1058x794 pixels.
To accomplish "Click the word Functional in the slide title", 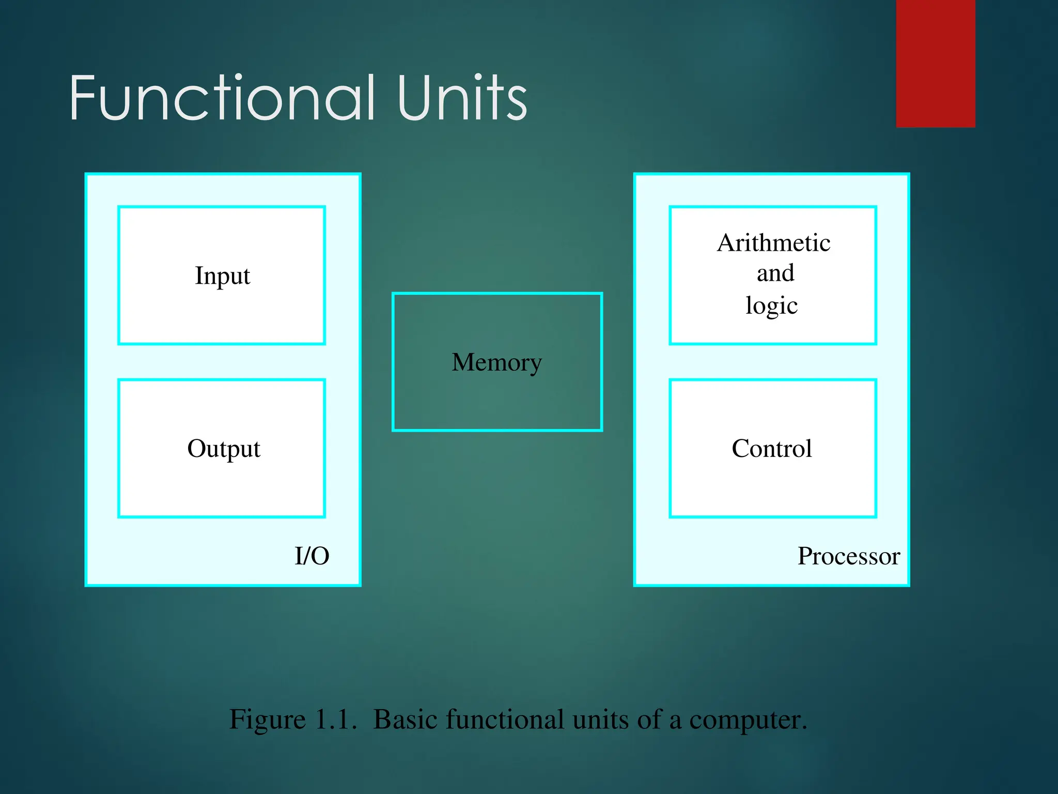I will point(222,98).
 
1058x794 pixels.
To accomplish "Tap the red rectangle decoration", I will point(936,63).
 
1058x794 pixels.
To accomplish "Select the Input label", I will point(222,276).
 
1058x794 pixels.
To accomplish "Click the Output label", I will point(224,449).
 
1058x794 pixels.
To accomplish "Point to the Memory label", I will point(497,362).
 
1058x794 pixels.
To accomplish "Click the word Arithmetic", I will point(773,243).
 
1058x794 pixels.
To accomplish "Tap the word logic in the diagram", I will point(772,306).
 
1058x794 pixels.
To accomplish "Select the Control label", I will point(772,449).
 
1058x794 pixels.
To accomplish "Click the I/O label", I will point(312,556).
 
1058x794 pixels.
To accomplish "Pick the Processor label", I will point(849,556).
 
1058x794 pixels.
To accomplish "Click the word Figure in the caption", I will point(268,720).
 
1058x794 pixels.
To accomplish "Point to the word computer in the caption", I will point(748,720).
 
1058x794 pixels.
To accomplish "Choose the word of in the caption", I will point(649,720).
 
